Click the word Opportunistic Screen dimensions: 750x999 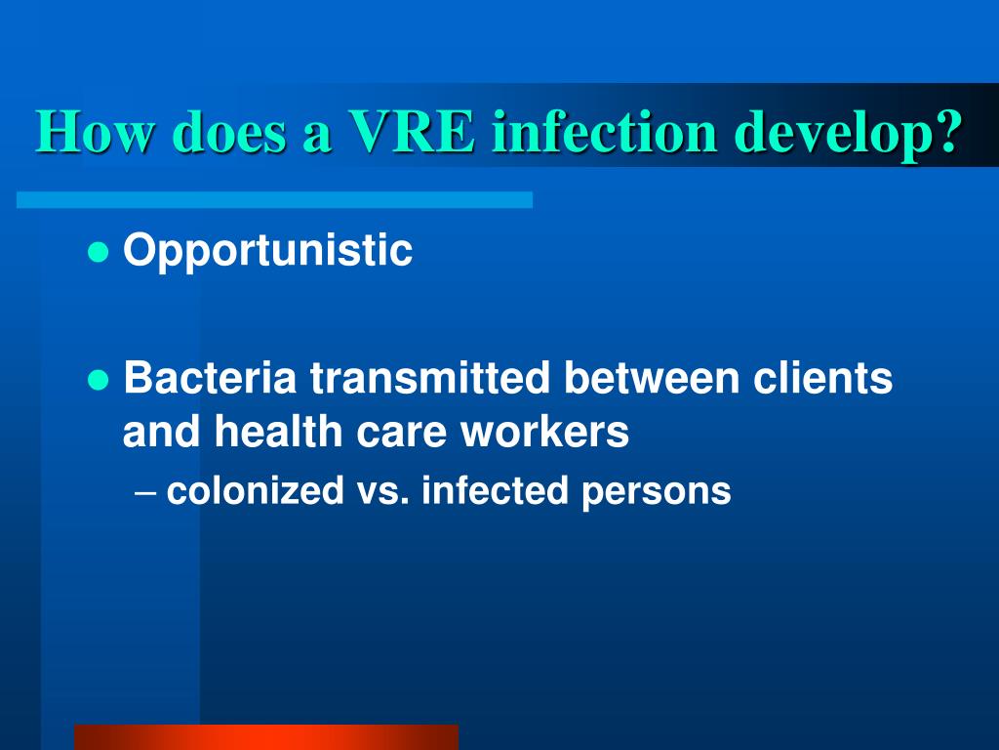coord(268,252)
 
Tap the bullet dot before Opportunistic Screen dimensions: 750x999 coord(97,253)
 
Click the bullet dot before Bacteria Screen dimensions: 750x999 coord(97,380)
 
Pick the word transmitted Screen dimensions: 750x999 coord(428,379)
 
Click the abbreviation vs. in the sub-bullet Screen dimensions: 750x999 coord(381,491)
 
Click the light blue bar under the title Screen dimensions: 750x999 coord(274,199)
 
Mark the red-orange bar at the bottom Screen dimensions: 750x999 coord(265,736)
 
